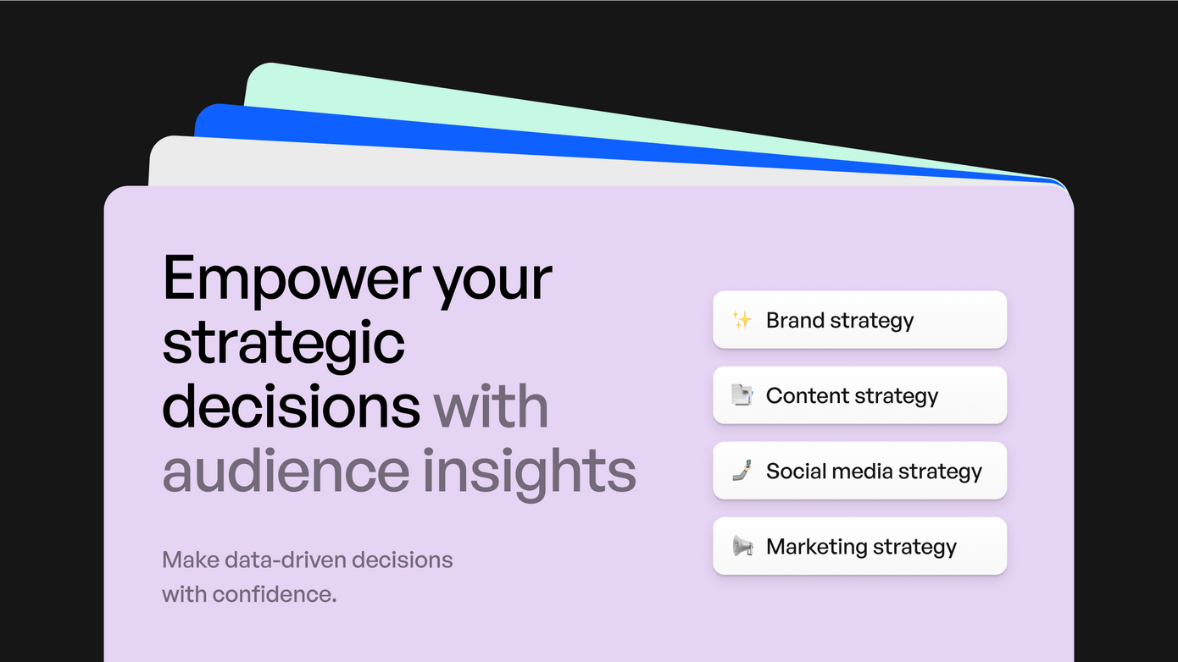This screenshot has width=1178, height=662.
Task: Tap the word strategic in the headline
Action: point(283,345)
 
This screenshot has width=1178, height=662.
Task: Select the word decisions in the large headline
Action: point(292,406)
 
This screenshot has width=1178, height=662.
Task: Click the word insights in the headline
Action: point(530,474)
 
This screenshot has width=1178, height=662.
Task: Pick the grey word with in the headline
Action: point(491,406)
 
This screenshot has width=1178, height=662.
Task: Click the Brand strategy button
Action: point(860,319)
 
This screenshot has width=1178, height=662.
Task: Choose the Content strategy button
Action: point(860,395)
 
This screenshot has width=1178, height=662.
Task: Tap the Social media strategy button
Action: point(860,471)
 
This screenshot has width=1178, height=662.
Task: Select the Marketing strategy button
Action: point(860,546)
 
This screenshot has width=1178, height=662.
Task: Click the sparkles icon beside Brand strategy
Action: point(742,319)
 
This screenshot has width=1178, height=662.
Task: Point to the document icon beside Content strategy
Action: point(742,395)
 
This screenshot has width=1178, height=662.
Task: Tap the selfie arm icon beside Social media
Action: point(742,471)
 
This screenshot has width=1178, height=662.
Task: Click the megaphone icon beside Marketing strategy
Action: point(742,546)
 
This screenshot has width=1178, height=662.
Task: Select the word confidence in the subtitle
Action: point(275,595)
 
